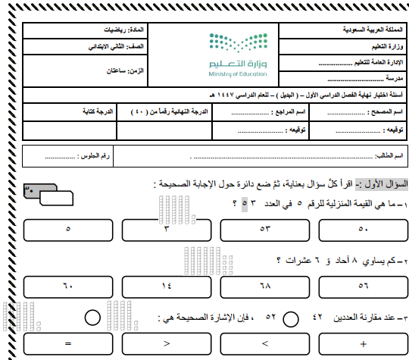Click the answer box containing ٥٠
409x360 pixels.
click(x=362, y=228)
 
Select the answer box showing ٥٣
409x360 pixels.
click(x=264, y=228)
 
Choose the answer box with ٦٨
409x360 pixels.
click(x=264, y=286)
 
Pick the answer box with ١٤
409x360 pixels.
click(x=167, y=286)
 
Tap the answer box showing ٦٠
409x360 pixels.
click(x=69, y=286)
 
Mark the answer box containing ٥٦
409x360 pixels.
click(x=362, y=286)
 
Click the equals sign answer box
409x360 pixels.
click(x=69, y=343)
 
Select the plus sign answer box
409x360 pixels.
click(x=362, y=343)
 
